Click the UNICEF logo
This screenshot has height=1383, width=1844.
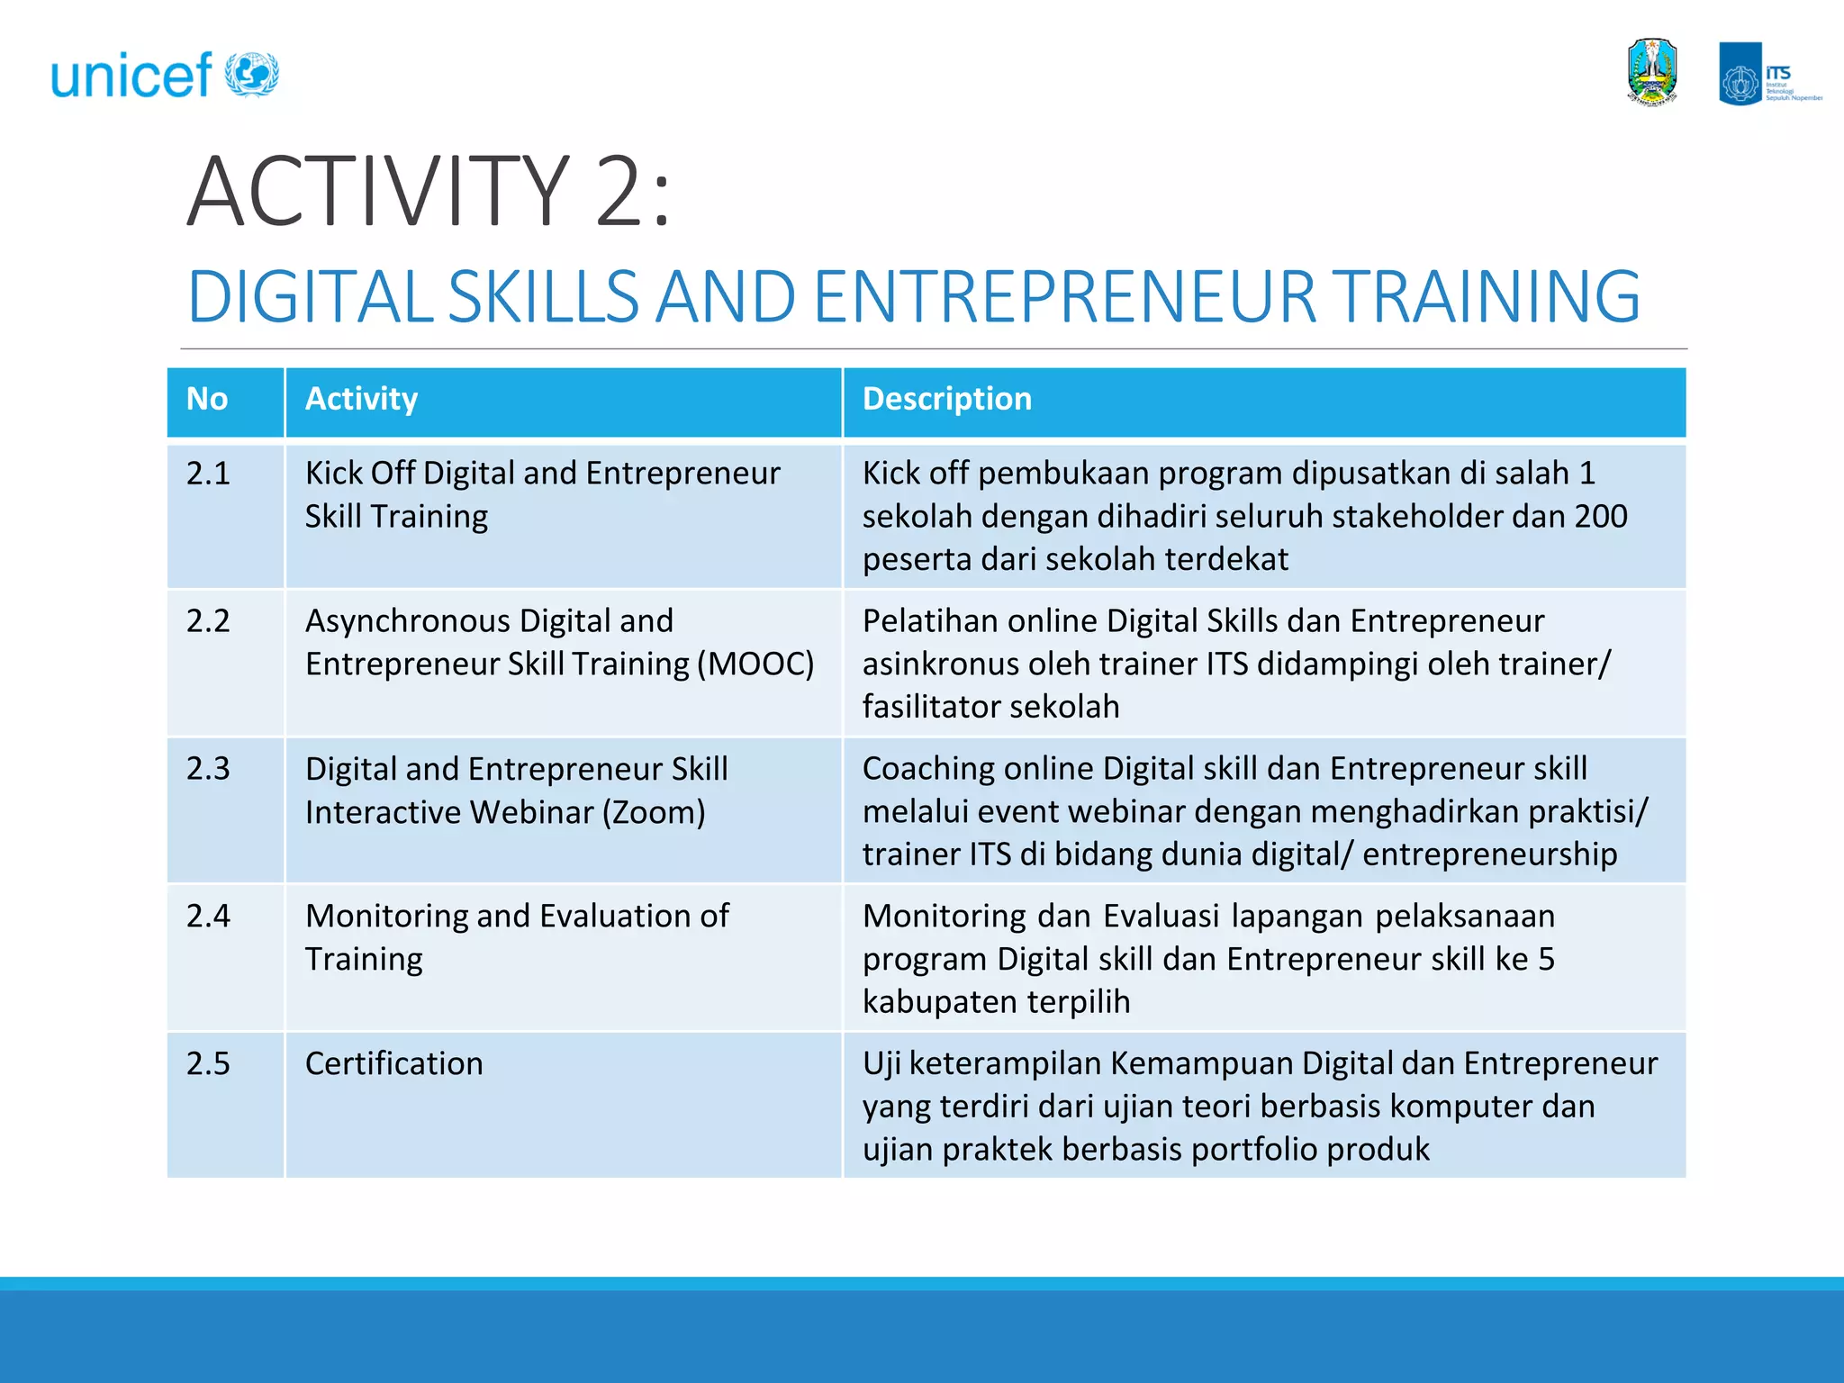click(x=165, y=75)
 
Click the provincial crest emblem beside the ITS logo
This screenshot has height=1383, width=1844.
click(x=1652, y=73)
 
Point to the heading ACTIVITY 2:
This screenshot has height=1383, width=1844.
click(x=429, y=192)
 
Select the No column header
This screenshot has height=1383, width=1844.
click(x=207, y=399)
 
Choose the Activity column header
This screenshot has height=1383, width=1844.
click(x=361, y=399)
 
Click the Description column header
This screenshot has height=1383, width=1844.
click(x=946, y=399)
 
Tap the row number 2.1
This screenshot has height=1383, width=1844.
click(x=208, y=474)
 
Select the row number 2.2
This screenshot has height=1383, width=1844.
click(x=208, y=621)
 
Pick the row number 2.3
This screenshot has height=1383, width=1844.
click(x=208, y=769)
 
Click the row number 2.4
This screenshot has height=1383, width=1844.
click(x=208, y=917)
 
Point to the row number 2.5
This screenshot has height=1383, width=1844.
click(x=208, y=1064)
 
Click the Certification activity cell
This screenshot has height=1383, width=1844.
click(x=393, y=1064)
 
